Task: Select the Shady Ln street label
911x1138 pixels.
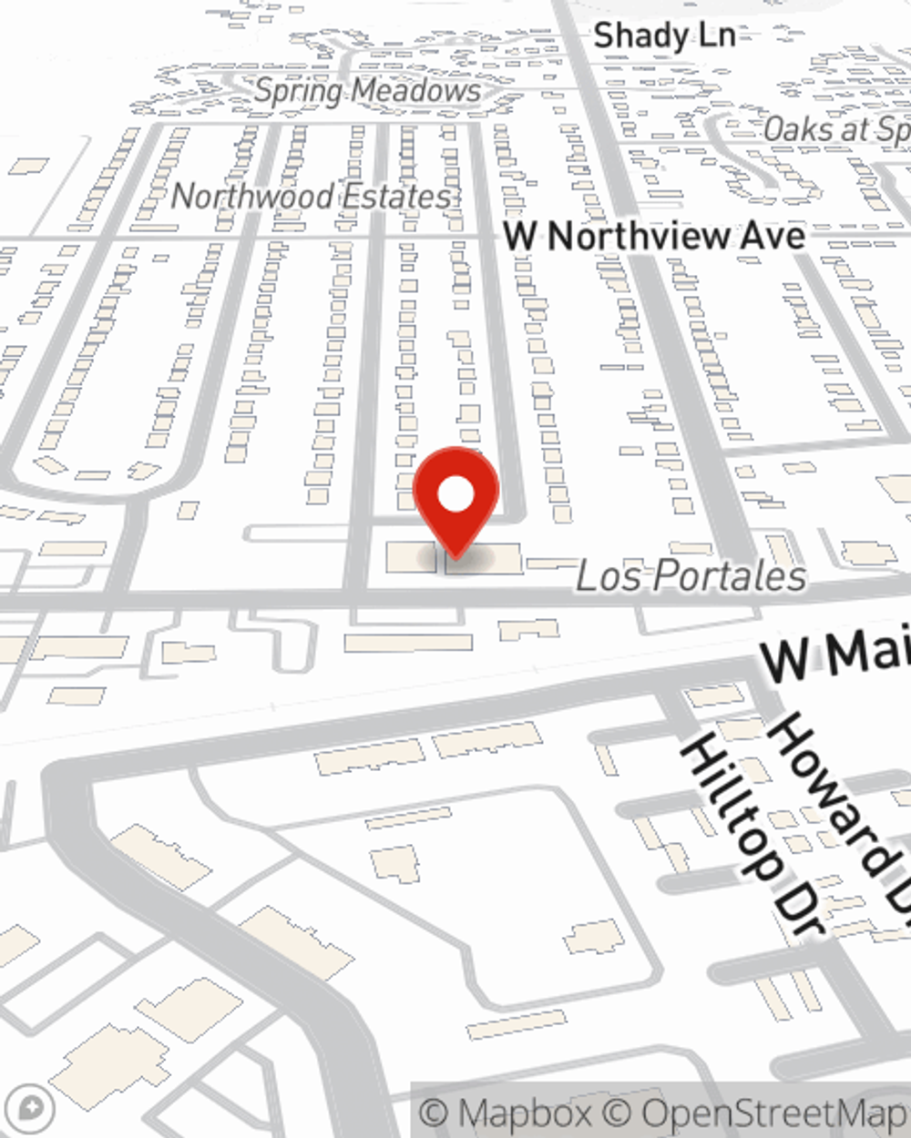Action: click(x=664, y=36)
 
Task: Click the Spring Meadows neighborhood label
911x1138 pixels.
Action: click(x=367, y=91)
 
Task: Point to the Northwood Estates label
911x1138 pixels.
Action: click(x=312, y=196)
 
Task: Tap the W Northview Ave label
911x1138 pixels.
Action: click(x=655, y=237)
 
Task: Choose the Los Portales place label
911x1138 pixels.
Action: click(x=691, y=575)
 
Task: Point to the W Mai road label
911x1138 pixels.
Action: click(x=834, y=654)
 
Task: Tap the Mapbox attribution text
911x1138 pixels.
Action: click(x=506, y=1113)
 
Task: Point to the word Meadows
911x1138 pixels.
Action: click(x=416, y=91)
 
